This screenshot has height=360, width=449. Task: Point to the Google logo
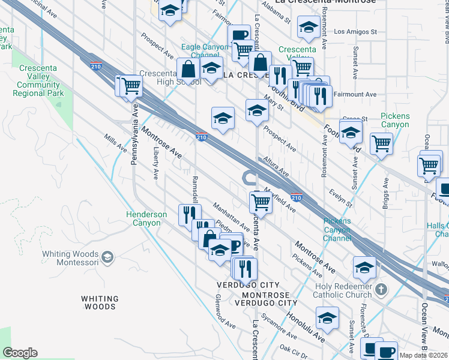pos(20,353)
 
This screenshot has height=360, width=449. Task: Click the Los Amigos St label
pos(355,31)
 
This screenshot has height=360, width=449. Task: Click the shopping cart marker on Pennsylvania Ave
pos(130,86)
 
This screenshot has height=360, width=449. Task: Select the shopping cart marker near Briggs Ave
pos(381,144)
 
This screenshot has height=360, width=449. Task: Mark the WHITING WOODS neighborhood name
pos(100,302)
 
